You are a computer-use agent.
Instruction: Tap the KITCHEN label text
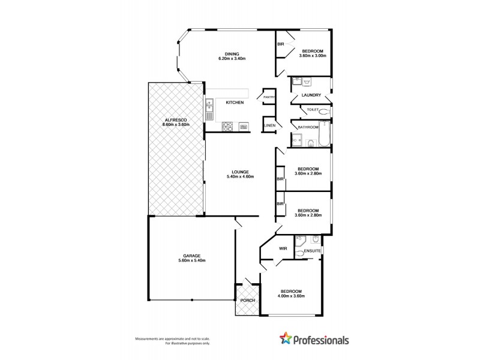tap(234, 103)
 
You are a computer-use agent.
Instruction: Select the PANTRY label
tap(268, 97)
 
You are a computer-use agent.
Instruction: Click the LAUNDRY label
tap(312, 95)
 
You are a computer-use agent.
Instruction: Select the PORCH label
tap(247, 301)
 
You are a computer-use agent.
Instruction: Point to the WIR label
tap(283, 248)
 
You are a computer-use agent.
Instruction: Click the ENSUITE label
tap(312, 250)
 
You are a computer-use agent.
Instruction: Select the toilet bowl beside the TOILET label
tap(325, 112)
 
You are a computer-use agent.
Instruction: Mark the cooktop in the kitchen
tap(228, 127)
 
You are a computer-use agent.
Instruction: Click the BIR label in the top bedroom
tap(280, 44)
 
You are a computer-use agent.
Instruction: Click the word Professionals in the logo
tap(321, 340)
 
